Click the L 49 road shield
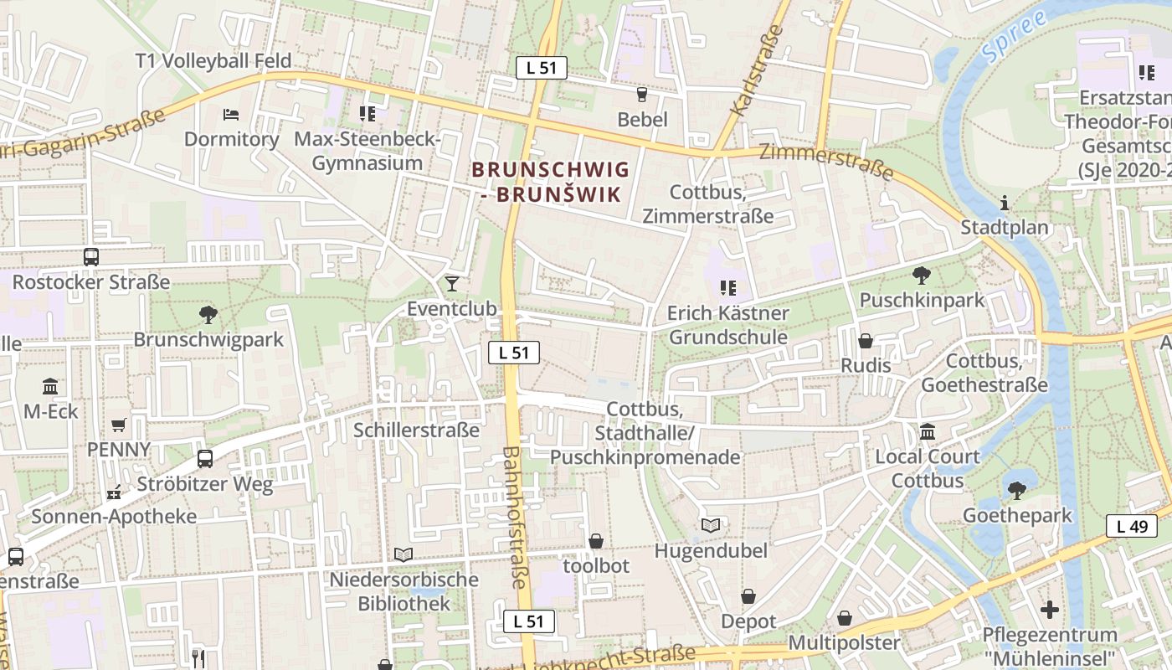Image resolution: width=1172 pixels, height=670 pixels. [1132, 526]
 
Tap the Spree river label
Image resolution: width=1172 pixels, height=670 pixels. [1015, 35]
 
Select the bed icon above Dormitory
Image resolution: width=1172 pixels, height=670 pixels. [231, 114]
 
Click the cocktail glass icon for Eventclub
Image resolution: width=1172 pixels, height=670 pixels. [452, 283]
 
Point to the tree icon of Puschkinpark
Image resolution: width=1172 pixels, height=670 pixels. [921, 275]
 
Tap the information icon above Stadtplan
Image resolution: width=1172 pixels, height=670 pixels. [1004, 203]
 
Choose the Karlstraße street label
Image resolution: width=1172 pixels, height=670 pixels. [757, 70]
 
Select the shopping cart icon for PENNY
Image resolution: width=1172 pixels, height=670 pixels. [119, 425]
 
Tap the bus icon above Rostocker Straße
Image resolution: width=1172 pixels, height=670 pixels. [90, 257]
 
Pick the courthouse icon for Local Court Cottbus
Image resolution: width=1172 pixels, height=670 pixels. [928, 432]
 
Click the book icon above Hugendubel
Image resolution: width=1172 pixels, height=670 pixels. [711, 525]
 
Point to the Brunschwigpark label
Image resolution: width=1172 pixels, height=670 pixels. [208, 340]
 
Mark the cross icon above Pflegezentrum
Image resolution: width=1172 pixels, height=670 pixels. [1049, 610]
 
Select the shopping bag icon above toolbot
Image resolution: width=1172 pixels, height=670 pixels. [596, 541]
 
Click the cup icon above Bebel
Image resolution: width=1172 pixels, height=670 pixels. [642, 95]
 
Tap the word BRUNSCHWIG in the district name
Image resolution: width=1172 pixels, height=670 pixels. [550, 170]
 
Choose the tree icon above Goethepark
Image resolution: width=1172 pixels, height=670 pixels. [1016, 490]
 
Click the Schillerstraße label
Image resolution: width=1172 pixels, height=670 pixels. [416, 430]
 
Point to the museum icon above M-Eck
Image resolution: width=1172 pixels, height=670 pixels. [50, 387]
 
